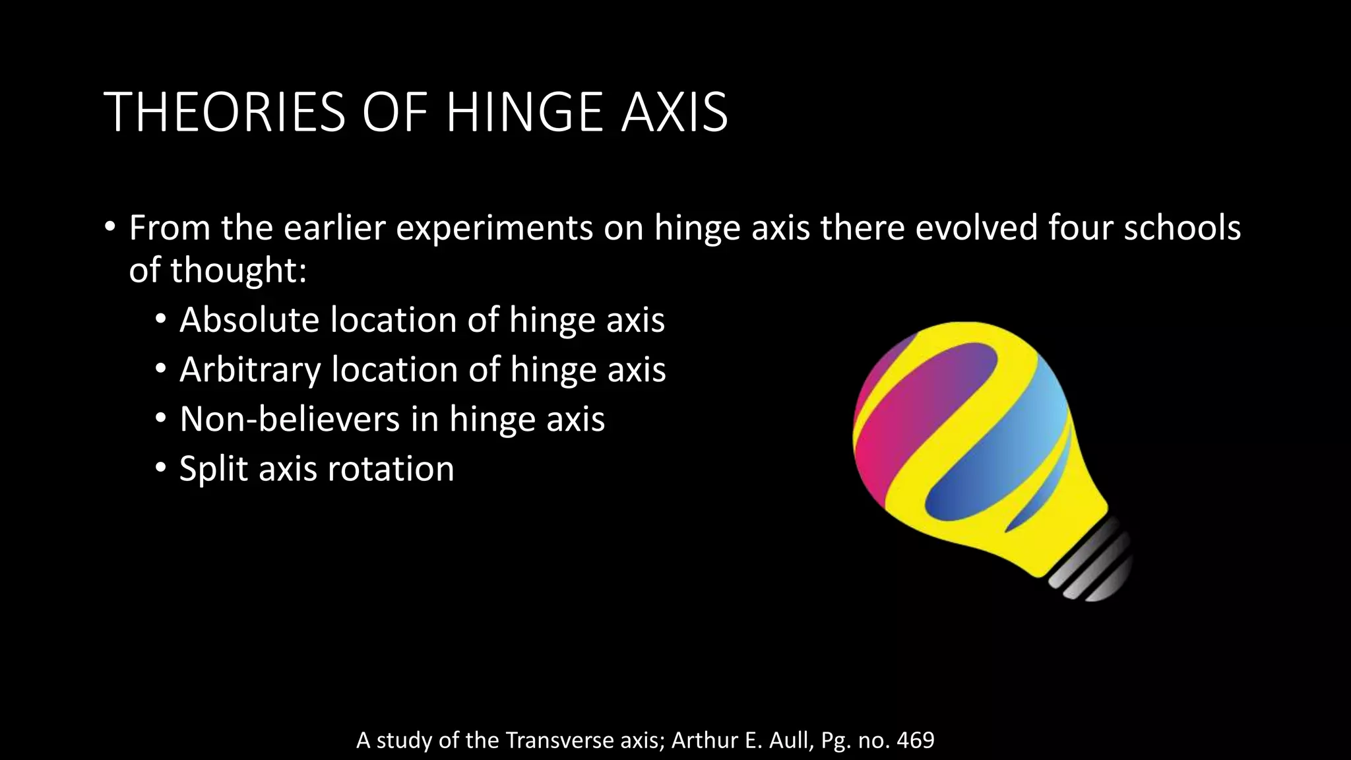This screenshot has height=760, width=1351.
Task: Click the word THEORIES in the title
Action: pyautogui.click(x=224, y=112)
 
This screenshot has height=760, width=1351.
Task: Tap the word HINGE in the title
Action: pyautogui.click(x=524, y=112)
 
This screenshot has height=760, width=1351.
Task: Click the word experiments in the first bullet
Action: pyautogui.click(x=494, y=228)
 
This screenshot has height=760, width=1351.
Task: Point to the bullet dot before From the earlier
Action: pyautogui.click(x=110, y=227)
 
